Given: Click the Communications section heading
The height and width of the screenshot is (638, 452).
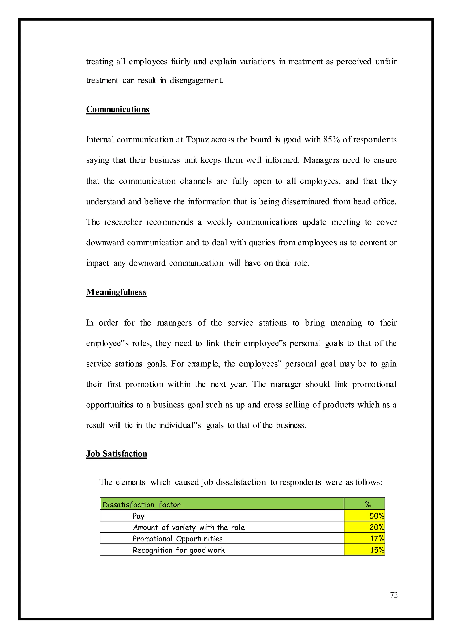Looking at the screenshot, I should click(x=117, y=109).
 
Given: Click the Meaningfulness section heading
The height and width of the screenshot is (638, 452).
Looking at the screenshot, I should click(x=116, y=292).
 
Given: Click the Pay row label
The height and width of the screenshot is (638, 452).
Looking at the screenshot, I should click(x=138, y=516).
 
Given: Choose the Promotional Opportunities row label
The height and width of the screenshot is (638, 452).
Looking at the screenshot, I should click(x=178, y=539).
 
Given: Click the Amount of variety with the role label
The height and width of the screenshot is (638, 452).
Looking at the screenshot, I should click(x=189, y=527).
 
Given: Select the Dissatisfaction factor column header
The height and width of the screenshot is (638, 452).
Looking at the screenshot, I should click(x=141, y=505).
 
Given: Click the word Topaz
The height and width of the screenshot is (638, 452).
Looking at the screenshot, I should click(x=197, y=139).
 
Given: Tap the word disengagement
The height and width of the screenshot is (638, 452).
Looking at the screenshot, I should click(x=196, y=81).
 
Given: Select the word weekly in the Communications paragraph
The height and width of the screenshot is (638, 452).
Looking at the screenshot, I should click(x=220, y=222).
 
